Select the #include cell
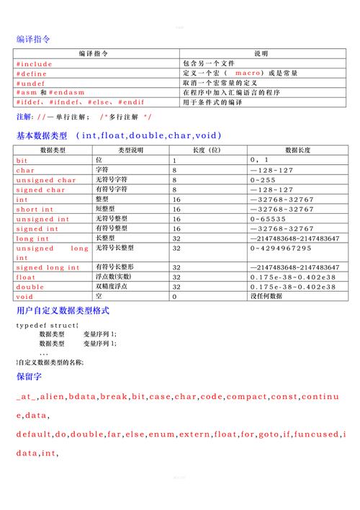35,64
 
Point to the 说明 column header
261,54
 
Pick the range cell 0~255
263,180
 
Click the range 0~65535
267,219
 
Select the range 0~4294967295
281,249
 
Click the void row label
24,297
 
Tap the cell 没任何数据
266,297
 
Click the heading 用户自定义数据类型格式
63,311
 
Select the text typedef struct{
47,326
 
